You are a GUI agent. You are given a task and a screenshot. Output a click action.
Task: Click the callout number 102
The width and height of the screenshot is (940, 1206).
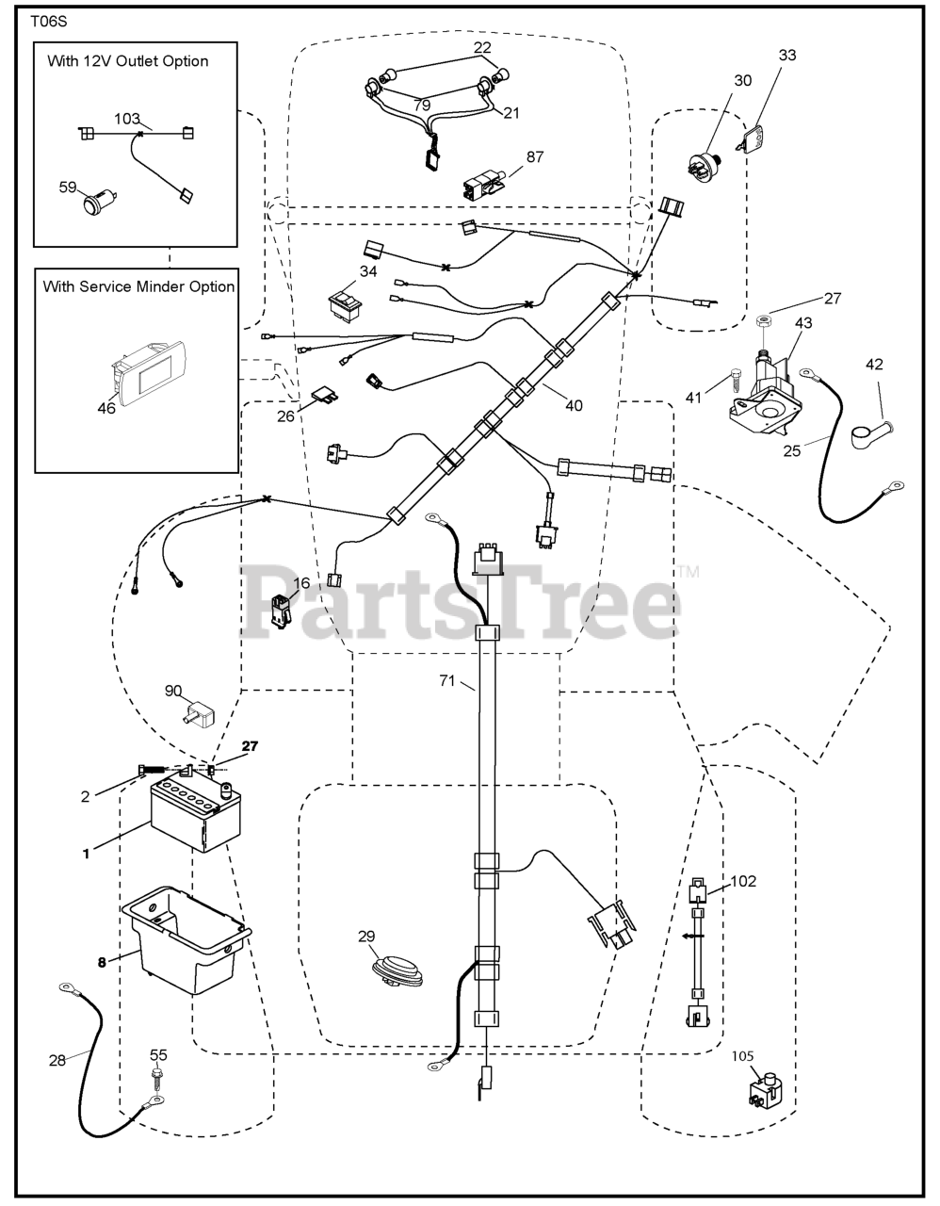tap(743, 882)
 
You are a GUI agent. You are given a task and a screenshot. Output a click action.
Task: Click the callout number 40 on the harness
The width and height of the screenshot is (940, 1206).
tap(574, 406)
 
